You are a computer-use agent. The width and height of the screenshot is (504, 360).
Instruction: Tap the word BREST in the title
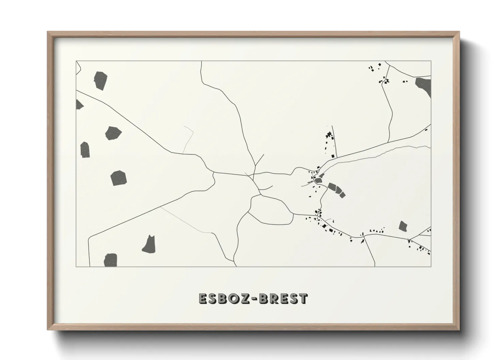coord(283,299)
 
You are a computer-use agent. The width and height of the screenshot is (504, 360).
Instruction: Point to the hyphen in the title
coord(255,299)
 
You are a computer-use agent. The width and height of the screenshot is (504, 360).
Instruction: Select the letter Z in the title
coord(247,299)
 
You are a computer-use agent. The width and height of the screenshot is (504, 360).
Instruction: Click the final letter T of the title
coord(303,299)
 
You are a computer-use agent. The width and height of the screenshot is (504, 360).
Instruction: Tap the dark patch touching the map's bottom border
coord(111,260)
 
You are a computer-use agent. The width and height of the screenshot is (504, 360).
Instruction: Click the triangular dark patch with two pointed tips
coord(149,244)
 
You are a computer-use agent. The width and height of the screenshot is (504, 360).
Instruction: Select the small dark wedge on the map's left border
coord(79,105)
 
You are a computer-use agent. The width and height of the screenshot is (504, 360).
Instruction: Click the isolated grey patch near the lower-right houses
coord(403,226)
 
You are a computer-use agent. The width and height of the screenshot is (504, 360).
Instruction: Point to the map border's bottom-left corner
coord(76,266)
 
